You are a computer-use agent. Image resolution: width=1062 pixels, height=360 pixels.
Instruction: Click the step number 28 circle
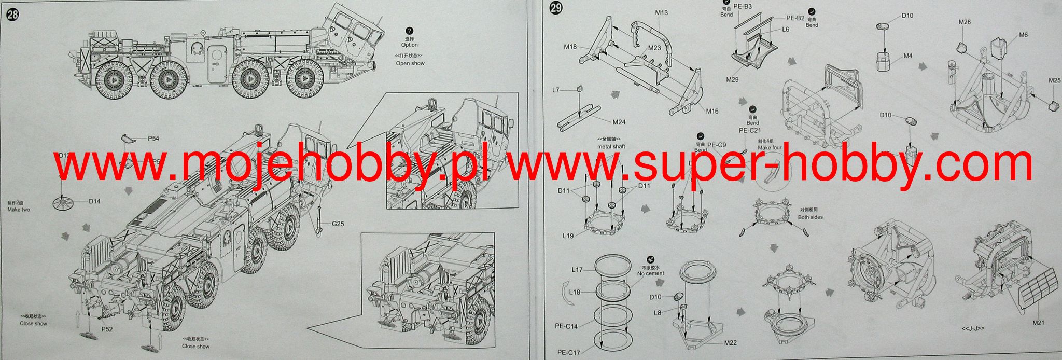[12, 15]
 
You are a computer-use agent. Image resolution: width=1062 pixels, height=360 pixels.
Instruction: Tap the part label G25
[339, 224]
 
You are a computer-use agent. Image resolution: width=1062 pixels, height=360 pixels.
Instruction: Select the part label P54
[153, 139]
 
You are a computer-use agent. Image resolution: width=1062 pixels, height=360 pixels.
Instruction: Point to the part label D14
[94, 201]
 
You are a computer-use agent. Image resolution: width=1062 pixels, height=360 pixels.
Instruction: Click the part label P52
[107, 329]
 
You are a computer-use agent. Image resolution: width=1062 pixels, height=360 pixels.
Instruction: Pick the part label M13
[661, 12]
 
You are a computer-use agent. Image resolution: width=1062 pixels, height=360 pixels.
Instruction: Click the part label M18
[570, 47]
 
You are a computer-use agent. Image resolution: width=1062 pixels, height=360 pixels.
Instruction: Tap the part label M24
[619, 122]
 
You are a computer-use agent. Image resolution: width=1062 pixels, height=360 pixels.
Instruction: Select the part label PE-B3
[743, 7]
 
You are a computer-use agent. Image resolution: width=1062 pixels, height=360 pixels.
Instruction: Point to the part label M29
[732, 79]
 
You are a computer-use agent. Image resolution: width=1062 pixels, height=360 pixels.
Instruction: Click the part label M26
[965, 22]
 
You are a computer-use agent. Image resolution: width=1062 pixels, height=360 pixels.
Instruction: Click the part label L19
[568, 236]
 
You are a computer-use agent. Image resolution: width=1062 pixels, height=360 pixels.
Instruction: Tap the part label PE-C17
[569, 353]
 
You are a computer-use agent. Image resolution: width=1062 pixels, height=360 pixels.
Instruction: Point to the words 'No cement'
[651, 273]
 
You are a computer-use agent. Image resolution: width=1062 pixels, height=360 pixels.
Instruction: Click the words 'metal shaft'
[611, 146]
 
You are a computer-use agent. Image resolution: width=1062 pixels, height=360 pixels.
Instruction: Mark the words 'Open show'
[410, 63]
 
